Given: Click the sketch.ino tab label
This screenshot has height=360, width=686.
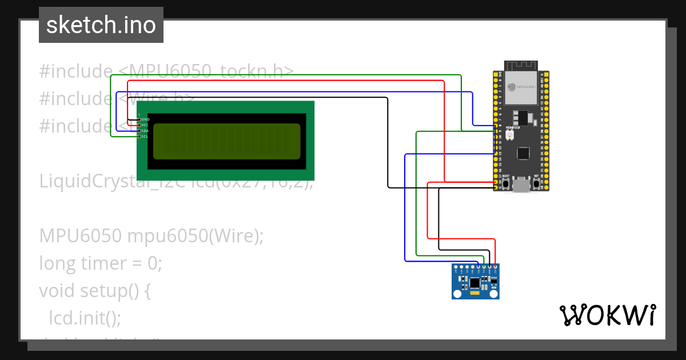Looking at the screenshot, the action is tap(101, 25).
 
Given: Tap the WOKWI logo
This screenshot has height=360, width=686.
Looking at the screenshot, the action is tap(607, 315).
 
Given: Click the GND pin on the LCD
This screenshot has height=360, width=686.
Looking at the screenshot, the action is tap(139, 119).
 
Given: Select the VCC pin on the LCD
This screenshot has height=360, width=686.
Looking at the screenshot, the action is tap(139, 125).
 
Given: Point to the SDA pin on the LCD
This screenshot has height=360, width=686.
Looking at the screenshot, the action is tap(139, 131).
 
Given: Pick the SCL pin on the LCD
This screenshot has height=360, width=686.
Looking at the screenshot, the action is tap(139, 137).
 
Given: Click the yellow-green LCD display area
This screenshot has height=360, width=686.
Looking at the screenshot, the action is tap(226, 141).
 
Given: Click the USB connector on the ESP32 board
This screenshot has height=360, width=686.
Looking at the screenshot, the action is tap(521, 185).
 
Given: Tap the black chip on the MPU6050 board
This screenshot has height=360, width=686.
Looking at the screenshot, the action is tap(474, 282).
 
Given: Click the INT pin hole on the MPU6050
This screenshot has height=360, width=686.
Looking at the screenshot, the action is tap(456, 267).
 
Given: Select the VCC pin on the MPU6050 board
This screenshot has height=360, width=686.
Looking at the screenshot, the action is tap(496, 267).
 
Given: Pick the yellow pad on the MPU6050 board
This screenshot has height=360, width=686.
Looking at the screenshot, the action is tap(475, 294).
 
